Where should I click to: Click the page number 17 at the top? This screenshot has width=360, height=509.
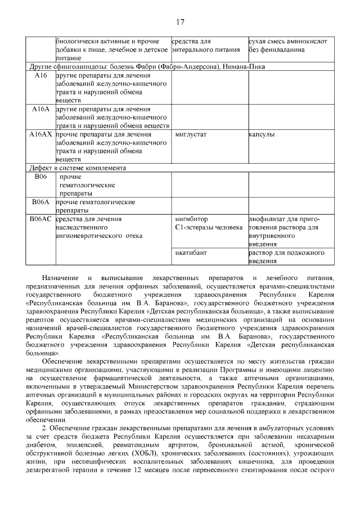coord(180,22)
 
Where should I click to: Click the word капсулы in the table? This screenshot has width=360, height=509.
coord(262,135)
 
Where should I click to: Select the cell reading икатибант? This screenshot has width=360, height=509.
coord(191,253)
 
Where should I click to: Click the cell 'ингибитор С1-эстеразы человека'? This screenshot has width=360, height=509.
coord(208,223)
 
